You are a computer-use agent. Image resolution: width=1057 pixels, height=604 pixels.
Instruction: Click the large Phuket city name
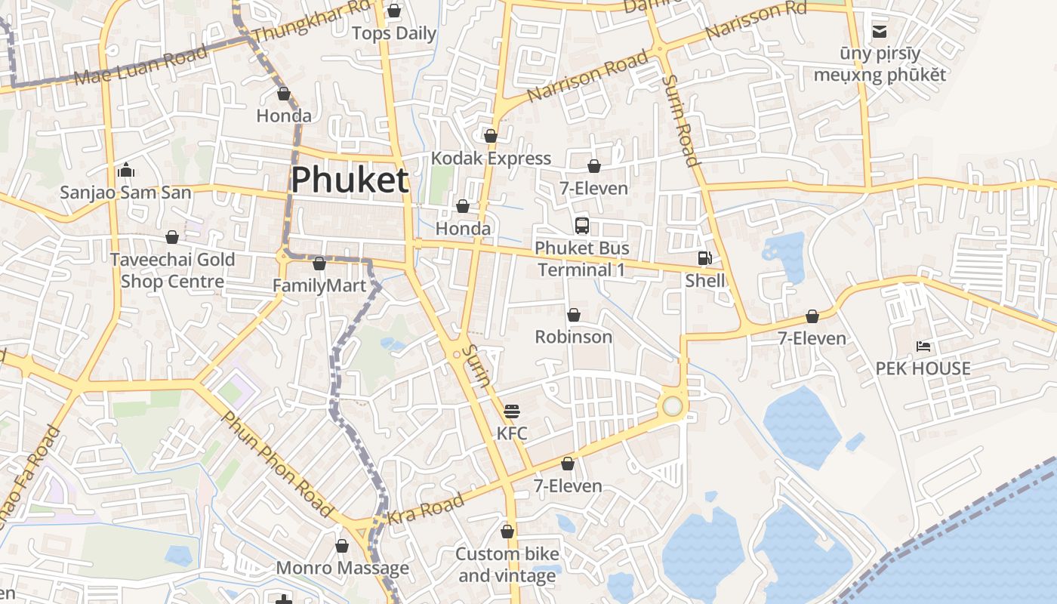(x=350, y=180)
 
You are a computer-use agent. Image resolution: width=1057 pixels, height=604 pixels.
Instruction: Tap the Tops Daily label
(x=394, y=33)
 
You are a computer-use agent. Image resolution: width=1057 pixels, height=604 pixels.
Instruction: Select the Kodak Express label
(x=491, y=159)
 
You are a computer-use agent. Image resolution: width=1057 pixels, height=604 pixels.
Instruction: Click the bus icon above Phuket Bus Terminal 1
(x=581, y=226)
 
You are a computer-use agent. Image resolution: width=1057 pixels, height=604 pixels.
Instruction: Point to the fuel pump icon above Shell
(x=704, y=258)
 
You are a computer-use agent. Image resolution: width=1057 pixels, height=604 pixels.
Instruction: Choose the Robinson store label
(x=574, y=337)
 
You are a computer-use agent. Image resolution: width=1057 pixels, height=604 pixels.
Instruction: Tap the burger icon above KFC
(x=512, y=411)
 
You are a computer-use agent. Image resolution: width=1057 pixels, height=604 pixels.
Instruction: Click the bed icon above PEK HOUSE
(x=923, y=347)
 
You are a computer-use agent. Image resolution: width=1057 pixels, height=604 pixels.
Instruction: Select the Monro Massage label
(x=342, y=568)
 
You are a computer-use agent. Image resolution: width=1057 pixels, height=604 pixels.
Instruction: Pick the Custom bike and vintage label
(x=507, y=565)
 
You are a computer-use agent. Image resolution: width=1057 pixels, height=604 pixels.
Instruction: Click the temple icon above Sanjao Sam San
(x=126, y=170)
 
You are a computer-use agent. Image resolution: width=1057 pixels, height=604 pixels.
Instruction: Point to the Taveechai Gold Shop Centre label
(x=172, y=270)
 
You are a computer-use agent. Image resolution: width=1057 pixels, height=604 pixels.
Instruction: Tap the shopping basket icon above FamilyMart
(x=319, y=263)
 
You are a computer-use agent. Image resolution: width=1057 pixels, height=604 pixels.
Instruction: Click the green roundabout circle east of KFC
(x=672, y=407)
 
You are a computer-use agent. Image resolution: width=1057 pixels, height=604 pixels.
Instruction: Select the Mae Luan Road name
(x=140, y=66)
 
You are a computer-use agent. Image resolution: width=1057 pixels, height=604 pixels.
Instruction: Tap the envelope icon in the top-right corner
(x=880, y=32)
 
